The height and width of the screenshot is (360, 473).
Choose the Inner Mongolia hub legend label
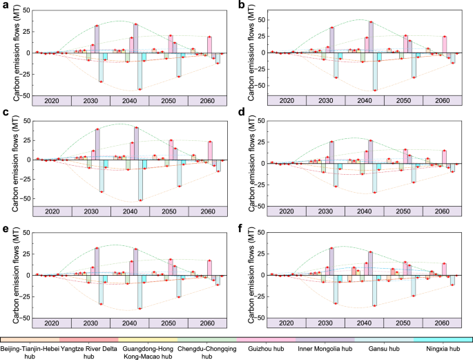(x=325, y=349)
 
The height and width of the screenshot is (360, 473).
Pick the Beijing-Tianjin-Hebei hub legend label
(x=30, y=352)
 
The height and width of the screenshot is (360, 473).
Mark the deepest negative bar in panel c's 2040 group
(x=140, y=180)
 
